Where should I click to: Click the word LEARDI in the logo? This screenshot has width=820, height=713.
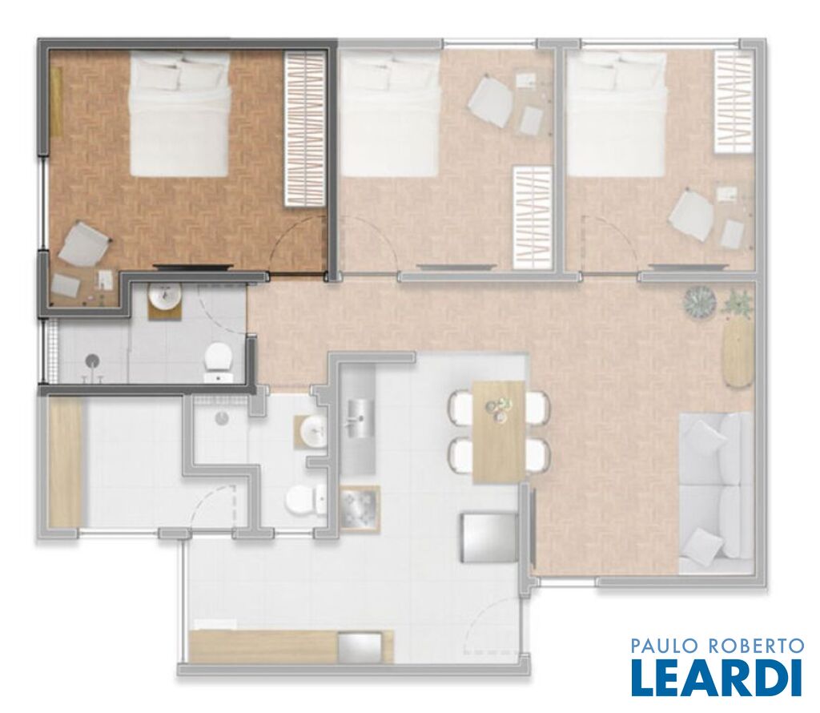coord(717,678)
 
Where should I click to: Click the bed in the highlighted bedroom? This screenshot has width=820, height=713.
coord(179,115)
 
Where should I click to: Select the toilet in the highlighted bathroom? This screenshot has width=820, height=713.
coord(219,362)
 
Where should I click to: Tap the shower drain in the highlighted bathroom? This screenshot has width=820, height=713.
coord(93,361)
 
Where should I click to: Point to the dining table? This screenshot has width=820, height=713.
coord(498,432)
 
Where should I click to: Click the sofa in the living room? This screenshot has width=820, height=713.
coord(715,493)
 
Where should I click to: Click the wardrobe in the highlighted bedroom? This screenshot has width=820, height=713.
coord(303,129)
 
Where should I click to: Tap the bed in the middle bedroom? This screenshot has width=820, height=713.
coord(390,115)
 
